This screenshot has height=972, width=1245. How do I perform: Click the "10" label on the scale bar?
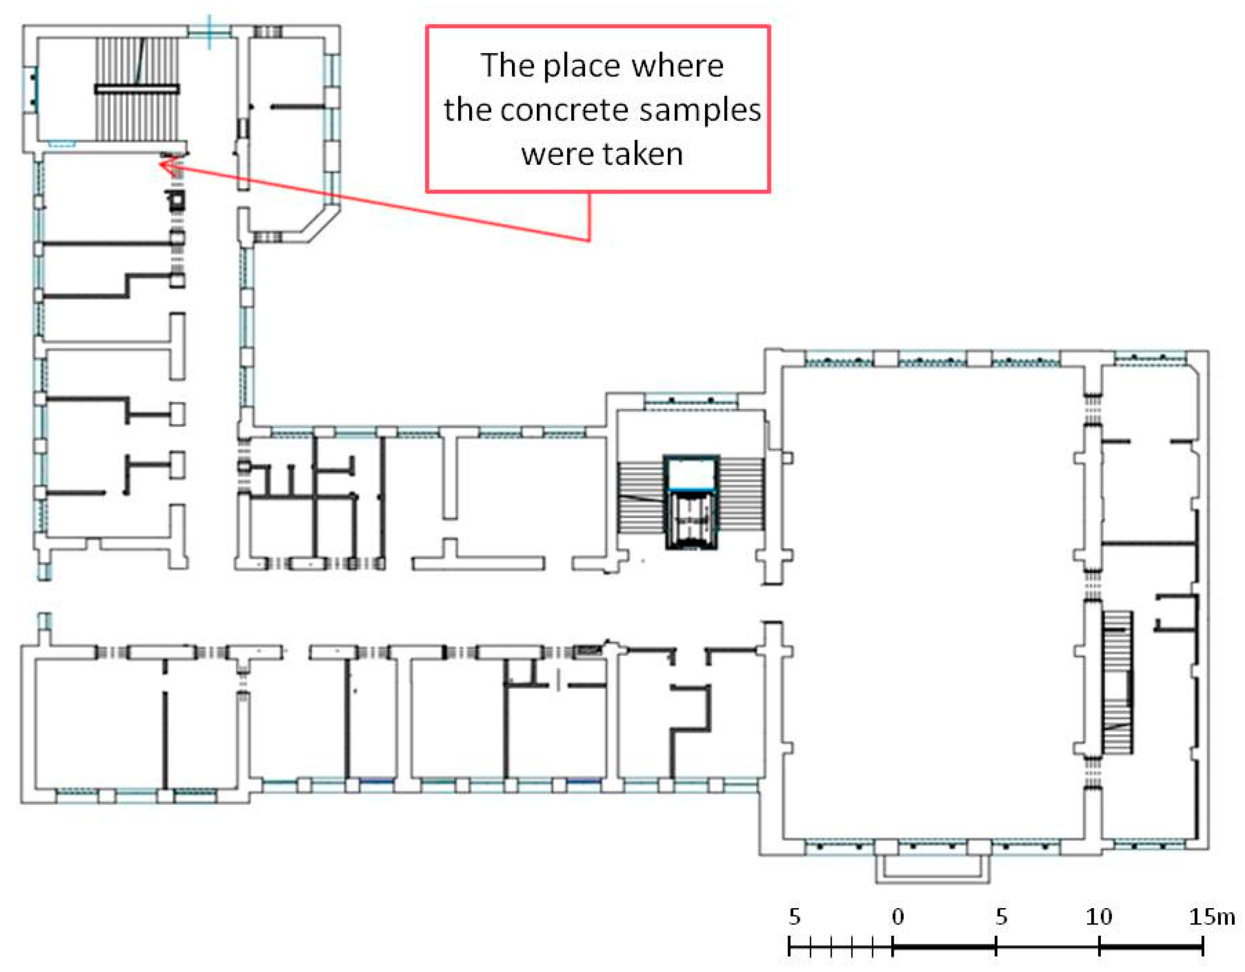coord(1098,917)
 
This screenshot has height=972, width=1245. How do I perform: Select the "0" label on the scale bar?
coord(898,917)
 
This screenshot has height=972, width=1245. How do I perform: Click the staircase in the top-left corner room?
coord(137,89)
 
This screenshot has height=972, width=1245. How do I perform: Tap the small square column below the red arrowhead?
coord(176,200)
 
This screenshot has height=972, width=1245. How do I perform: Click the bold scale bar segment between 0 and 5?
coord(944,947)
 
